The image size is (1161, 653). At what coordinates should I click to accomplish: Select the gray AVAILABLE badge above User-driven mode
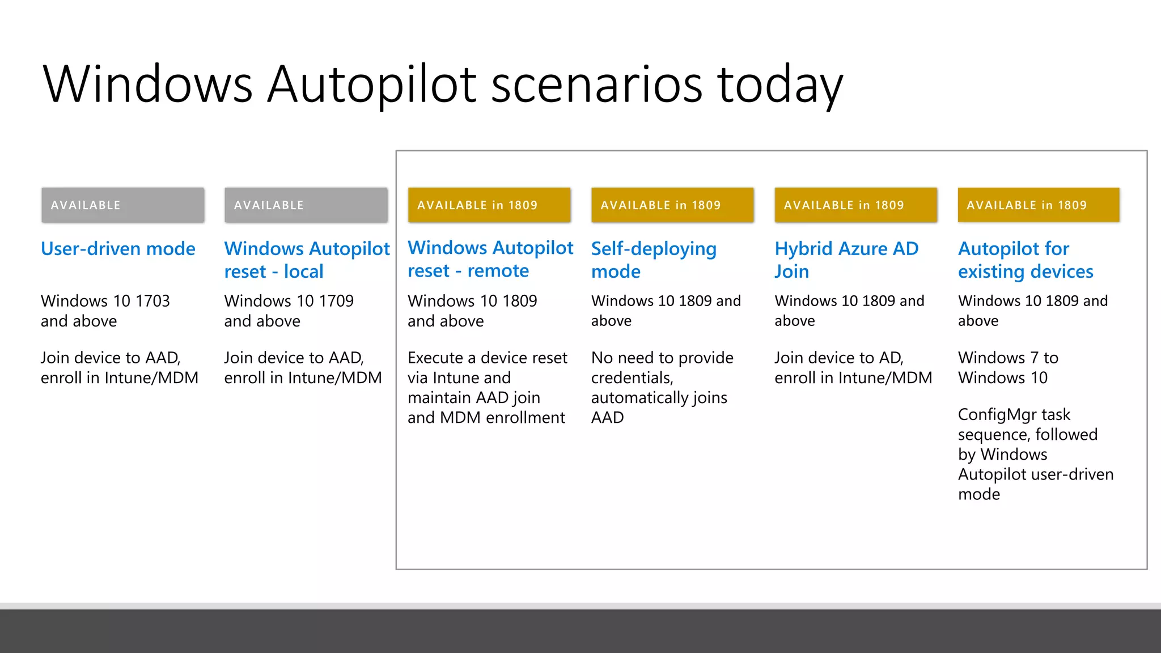(122, 205)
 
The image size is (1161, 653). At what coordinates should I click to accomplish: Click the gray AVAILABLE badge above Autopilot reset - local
(306, 205)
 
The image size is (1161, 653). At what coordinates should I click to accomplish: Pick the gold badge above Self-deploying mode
(672, 205)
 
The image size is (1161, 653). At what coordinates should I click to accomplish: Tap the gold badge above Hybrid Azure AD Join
(856, 205)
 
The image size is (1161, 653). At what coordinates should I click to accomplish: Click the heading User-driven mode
(118, 249)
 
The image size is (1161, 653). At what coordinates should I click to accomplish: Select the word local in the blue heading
(303, 272)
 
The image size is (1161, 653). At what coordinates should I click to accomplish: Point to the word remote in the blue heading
(498, 271)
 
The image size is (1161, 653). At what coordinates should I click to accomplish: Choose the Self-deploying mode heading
(654, 260)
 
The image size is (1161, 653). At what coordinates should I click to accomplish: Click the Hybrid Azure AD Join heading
(846, 260)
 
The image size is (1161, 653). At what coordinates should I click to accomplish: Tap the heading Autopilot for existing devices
(1026, 260)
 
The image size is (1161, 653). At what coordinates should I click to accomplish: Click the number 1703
(152, 301)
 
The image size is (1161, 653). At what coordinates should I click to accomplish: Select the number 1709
(336, 301)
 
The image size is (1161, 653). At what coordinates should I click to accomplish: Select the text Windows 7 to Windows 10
(1008, 368)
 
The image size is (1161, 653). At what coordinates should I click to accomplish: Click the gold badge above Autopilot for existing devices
(1039, 205)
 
